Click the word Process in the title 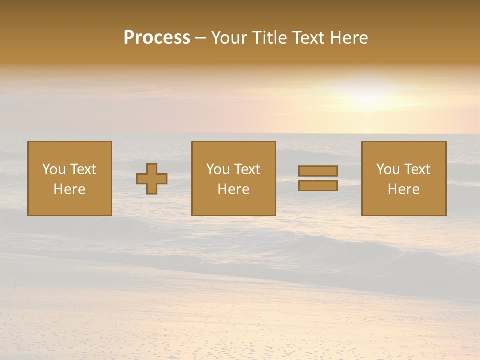(x=157, y=38)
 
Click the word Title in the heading (x=270, y=38)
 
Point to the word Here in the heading (x=350, y=38)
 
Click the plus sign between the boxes (x=152, y=179)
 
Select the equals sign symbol (x=318, y=178)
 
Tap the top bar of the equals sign (x=318, y=171)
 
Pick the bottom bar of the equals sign (x=318, y=185)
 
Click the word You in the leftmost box (x=54, y=169)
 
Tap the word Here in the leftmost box (x=69, y=189)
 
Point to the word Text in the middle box (x=248, y=169)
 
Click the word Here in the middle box (x=233, y=189)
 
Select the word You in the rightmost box (x=388, y=169)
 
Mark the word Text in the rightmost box (x=418, y=169)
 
